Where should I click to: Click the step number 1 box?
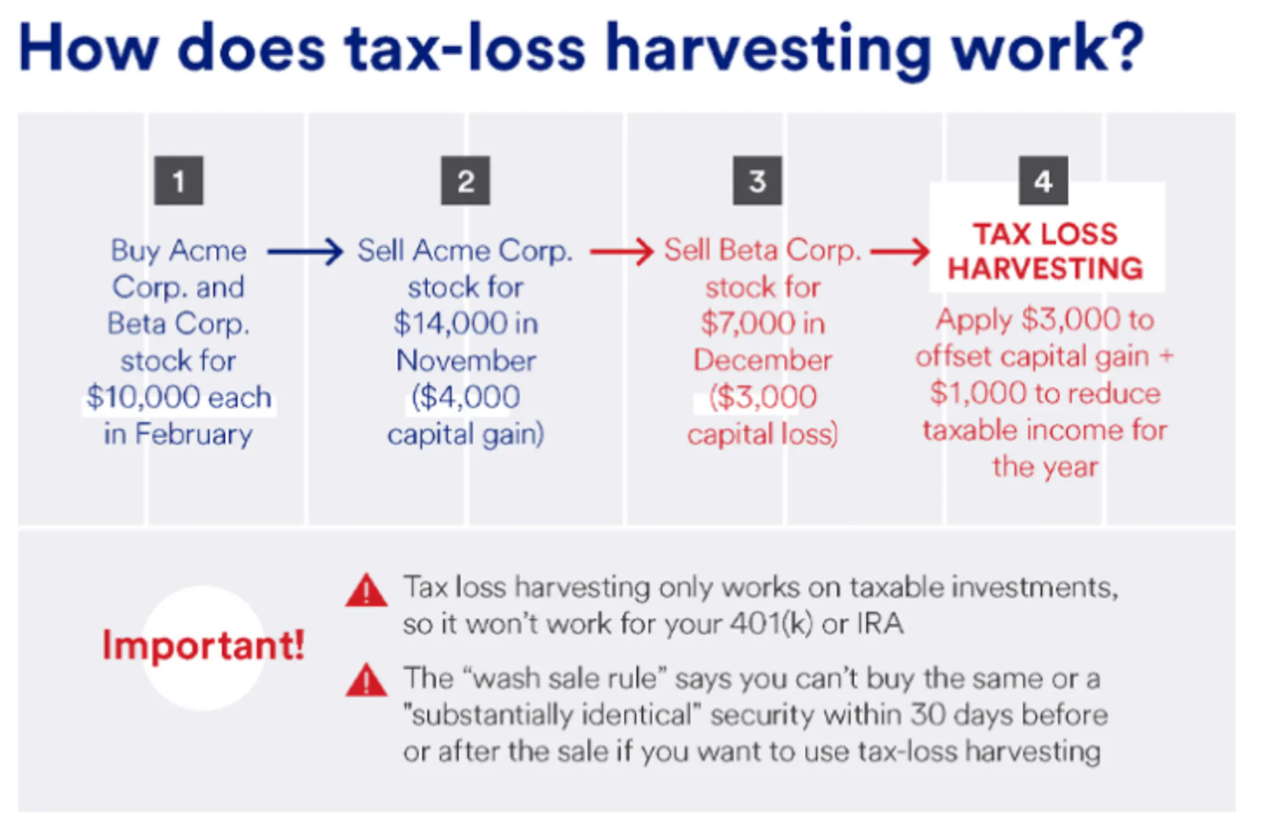tap(178, 181)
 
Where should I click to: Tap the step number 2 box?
tap(465, 181)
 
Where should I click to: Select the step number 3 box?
tap(757, 181)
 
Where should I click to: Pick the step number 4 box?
tap(1043, 181)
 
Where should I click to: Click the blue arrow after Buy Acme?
tap(305, 251)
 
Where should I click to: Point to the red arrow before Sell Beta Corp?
tap(621, 251)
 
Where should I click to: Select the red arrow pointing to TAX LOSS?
tap(899, 251)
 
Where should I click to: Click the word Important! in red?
tap(203, 645)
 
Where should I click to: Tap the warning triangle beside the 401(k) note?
tap(366, 591)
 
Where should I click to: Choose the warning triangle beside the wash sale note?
tap(366, 681)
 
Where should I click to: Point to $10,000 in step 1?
tap(143, 397)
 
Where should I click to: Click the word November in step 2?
tap(466, 360)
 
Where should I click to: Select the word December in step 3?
tap(762, 360)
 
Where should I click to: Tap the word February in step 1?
tap(194, 434)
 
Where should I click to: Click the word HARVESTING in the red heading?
tap(1045, 269)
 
